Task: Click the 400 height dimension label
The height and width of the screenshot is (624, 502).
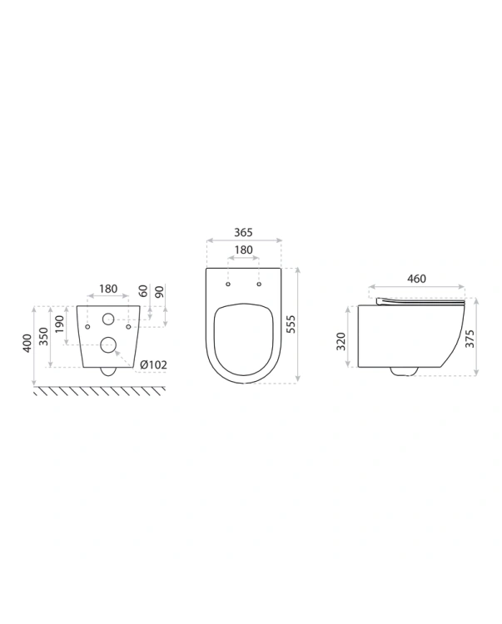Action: (27, 343)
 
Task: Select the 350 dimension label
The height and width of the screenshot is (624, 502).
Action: (44, 336)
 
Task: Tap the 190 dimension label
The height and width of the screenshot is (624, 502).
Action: (60, 324)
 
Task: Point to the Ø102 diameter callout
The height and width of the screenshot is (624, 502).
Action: (153, 364)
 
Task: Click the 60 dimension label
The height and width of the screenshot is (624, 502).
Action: (143, 291)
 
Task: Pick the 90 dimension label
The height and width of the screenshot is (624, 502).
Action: (159, 292)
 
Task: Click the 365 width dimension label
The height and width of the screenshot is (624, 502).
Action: (243, 232)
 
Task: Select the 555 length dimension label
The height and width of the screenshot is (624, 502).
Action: (291, 324)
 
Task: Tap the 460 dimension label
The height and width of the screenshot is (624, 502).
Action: (416, 279)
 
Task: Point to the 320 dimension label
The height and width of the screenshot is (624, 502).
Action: (341, 341)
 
